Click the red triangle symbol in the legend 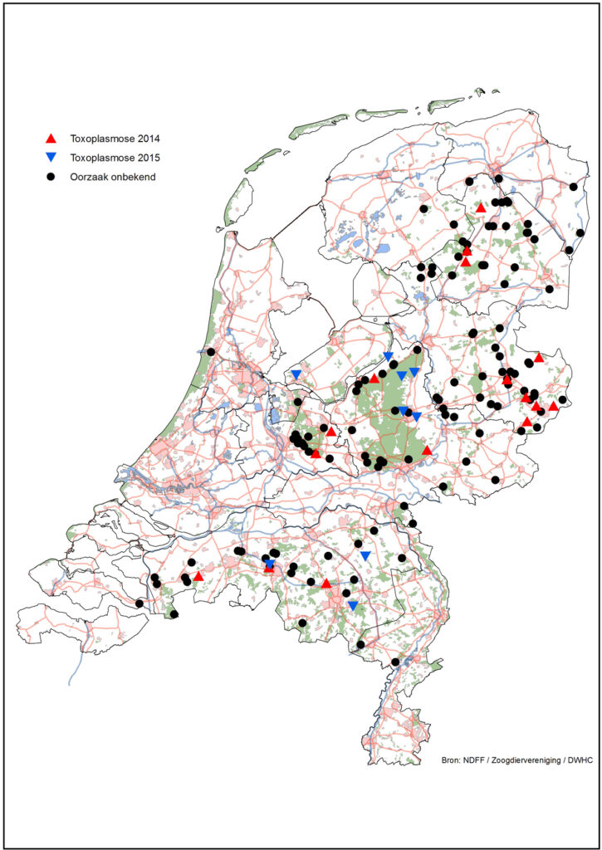pos(51,138)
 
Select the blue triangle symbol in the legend pos(51,157)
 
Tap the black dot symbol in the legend pos(51,177)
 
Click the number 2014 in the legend pos(164,138)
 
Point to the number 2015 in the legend pos(164,157)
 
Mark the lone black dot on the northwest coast pos(211,352)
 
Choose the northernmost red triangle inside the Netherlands pos(481,208)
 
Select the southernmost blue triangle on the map pos(353,606)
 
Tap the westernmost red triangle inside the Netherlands pos(198,575)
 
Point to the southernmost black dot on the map pos(395,662)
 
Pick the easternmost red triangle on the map pos(553,406)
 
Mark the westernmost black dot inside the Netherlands pos(139,603)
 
